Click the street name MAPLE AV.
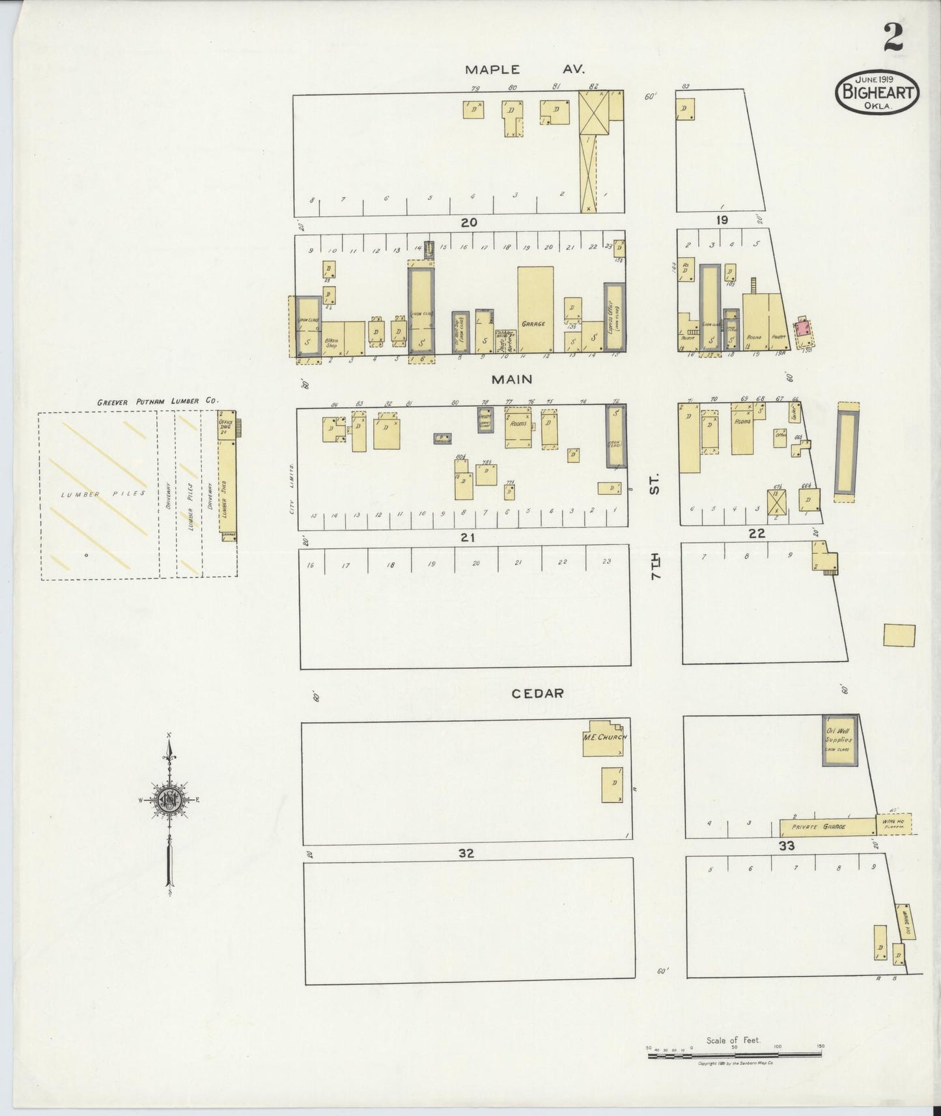(x=525, y=69)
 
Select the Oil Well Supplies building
(x=838, y=740)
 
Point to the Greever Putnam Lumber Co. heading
(x=158, y=402)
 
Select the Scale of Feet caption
(x=733, y=1040)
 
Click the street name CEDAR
(x=537, y=693)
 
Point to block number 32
(x=466, y=853)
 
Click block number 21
(x=468, y=537)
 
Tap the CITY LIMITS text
(x=292, y=488)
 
